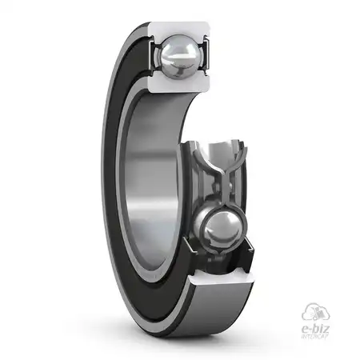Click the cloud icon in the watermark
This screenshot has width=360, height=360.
315,310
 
